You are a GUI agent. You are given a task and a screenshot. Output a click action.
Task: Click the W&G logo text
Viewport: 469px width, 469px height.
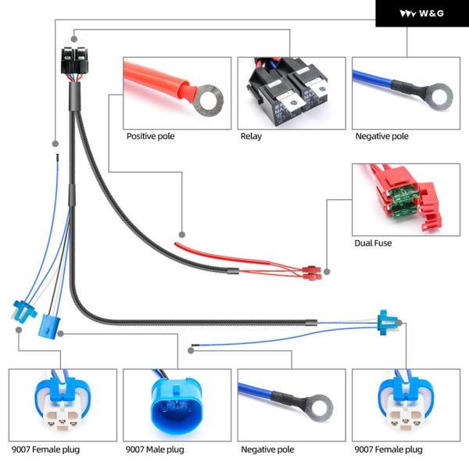coord(431,13)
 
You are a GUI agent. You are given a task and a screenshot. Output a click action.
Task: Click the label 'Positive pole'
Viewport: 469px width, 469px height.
coord(150,136)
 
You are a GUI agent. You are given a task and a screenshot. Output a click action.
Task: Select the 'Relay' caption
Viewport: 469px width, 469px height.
coord(251,136)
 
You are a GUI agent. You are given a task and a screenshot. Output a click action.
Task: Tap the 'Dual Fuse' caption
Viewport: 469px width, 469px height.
coord(373,243)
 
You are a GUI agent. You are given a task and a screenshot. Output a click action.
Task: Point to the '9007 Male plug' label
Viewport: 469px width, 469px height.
coord(155,449)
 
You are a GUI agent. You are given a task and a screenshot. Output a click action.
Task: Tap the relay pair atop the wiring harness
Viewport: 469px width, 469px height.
coord(75,60)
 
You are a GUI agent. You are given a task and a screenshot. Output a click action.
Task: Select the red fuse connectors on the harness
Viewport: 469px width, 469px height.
coord(312,273)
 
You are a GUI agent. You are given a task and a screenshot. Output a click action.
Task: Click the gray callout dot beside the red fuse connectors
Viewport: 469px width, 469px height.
coord(327,271)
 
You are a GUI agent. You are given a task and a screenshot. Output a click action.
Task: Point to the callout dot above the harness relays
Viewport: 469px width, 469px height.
coord(74,39)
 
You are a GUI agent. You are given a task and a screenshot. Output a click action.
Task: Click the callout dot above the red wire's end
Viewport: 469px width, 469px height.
coord(182,234)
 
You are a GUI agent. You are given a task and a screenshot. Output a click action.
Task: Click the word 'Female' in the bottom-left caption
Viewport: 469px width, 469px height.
coord(46,449)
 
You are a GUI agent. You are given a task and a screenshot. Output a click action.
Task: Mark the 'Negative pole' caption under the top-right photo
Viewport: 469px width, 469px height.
coord(382,136)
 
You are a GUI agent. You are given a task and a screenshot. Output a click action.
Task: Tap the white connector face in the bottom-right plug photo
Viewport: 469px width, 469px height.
coord(405,418)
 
